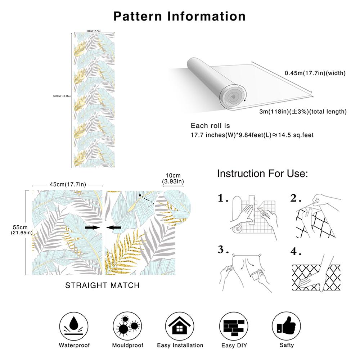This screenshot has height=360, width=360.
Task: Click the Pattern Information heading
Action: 180,16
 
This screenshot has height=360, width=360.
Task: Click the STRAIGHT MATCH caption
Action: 102,285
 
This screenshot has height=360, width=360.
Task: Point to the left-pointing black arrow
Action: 114,228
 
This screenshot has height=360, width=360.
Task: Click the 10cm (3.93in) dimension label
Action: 173,178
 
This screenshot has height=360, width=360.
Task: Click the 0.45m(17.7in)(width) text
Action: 315,73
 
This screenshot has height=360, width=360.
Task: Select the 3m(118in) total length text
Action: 303,112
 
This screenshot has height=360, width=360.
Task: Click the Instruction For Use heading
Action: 262,174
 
